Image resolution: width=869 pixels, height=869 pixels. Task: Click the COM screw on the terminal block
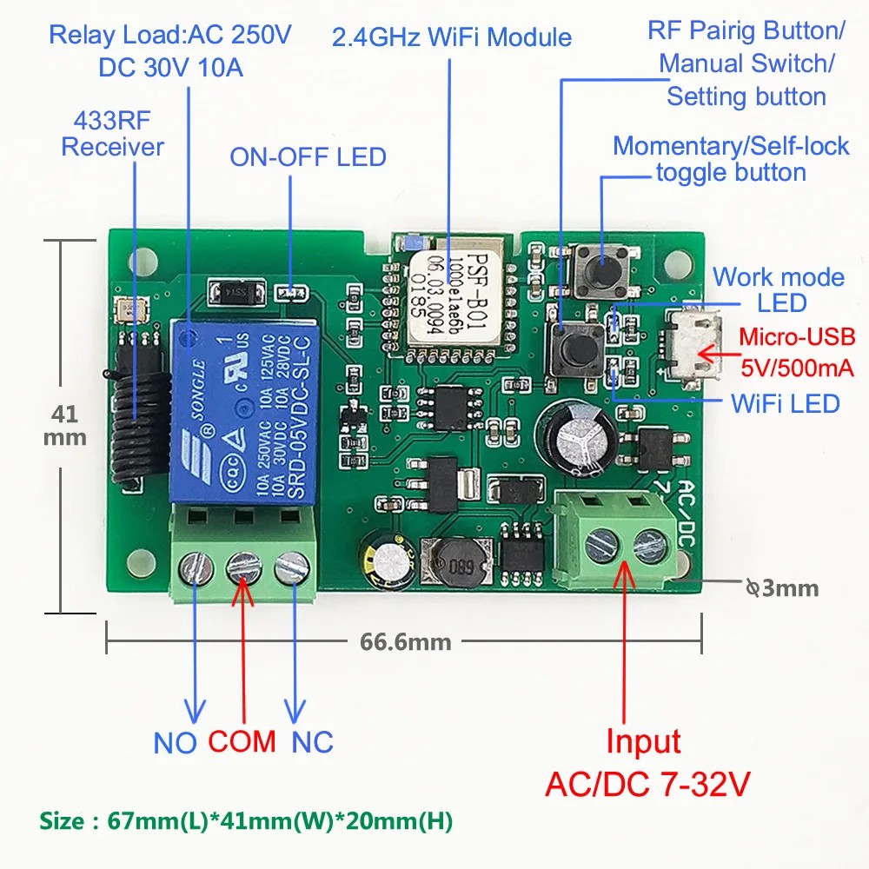[243, 570]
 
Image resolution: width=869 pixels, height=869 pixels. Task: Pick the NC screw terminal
[290, 570]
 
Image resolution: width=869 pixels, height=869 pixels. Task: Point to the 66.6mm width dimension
[406, 642]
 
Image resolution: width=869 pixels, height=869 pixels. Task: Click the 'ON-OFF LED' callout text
[308, 157]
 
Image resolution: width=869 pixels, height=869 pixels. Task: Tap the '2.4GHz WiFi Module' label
[452, 37]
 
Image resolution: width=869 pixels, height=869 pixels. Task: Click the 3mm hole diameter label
[782, 588]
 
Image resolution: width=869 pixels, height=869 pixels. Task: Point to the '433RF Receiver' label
[112, 134]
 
